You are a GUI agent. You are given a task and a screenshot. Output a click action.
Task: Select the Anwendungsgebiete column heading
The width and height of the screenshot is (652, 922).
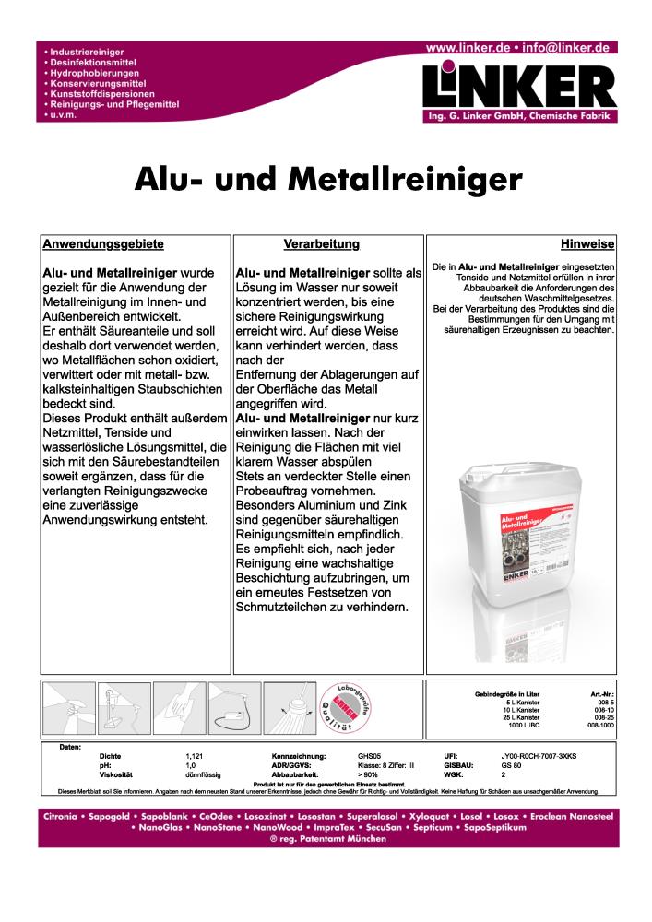coord(103,244)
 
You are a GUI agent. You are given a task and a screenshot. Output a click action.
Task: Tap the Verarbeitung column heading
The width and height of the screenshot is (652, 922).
coord(320,244)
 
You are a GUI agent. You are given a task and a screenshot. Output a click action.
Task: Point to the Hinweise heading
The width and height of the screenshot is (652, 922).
coord(587,244)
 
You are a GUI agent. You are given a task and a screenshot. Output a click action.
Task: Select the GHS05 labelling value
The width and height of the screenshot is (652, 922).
coord(369,755)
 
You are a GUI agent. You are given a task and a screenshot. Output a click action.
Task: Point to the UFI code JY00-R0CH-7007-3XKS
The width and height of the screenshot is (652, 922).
coord(544,755)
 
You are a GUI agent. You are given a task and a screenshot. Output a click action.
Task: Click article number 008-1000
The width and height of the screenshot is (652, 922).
coord(601,726)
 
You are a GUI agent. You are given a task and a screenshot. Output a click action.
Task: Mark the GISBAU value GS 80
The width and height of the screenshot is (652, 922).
coord(512,765)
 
